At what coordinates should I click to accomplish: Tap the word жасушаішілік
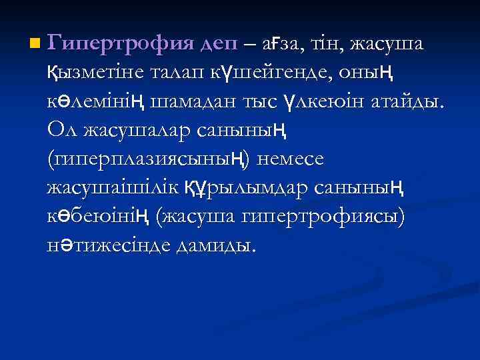113,189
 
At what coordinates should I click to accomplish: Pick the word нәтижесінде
106,246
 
